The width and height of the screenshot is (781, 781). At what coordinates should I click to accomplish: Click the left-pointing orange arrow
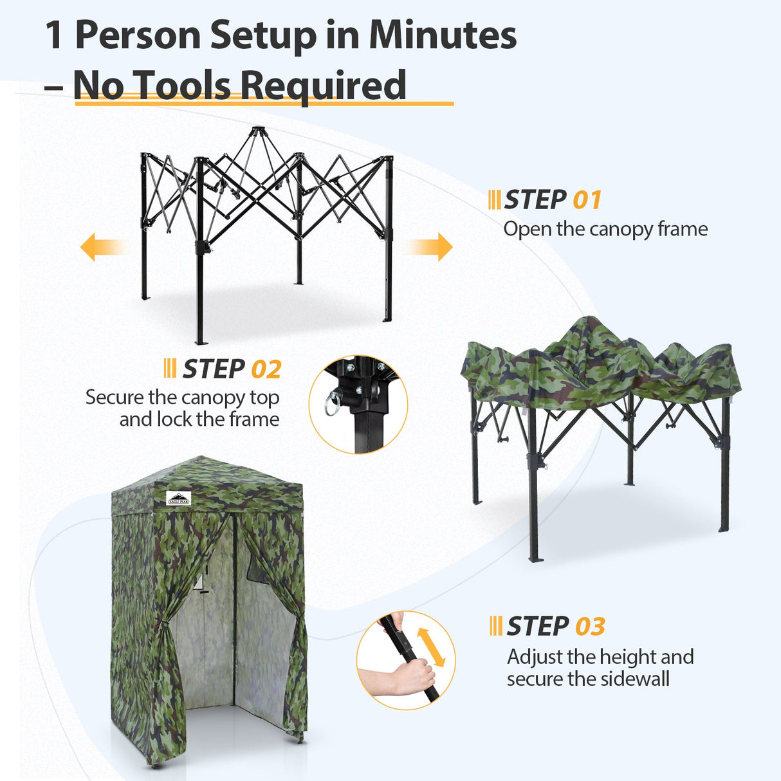click(x=100, y=247)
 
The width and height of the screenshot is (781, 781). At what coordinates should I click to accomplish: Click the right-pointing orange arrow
click(x=432, y=247)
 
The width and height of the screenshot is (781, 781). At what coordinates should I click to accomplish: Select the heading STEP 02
click(x=232, y=369)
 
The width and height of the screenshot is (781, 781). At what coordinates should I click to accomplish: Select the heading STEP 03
click(x=555, y=626)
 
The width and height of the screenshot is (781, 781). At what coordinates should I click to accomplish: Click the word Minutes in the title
click(x=443, y=35)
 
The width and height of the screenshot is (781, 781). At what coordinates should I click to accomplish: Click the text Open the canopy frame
click(x=605, y=229)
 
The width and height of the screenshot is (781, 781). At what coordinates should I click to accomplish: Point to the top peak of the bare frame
click(x=257, y=131)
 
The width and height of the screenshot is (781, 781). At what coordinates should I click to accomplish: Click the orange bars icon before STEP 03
click(x=495, y=626)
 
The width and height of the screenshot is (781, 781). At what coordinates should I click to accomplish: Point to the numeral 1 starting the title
click(x=55, y=35)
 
